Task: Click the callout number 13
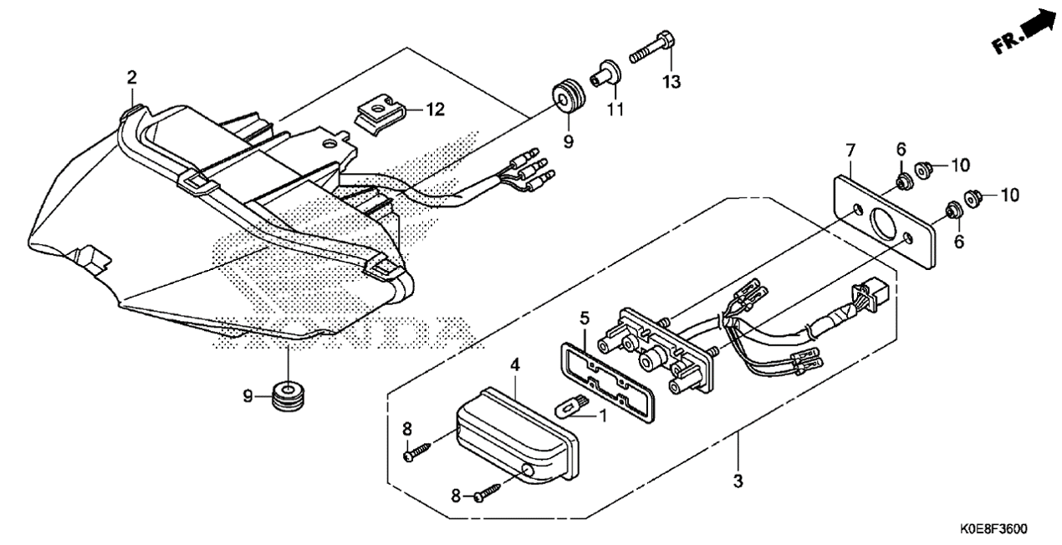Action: [672, 81]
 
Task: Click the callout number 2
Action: [131, 78]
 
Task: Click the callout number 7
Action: [850, 150]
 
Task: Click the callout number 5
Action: [585, 318]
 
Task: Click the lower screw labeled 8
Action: [487, 493]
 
